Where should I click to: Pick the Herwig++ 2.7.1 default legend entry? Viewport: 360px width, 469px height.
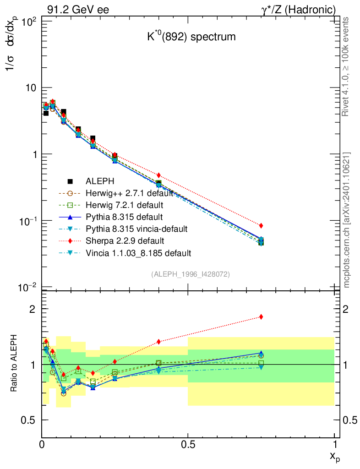tap(128, 193)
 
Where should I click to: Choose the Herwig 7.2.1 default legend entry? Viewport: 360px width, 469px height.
tap(124, 205)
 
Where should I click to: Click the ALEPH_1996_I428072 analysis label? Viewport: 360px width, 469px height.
tap(190, 274)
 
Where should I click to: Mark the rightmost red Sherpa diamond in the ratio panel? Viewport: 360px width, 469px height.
tap(261, 316)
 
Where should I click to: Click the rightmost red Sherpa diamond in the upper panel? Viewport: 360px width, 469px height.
tap(261, 225)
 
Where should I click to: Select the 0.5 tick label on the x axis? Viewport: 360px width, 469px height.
tap(188, 444)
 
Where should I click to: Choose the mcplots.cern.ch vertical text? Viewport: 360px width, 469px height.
tap(347, 220)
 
